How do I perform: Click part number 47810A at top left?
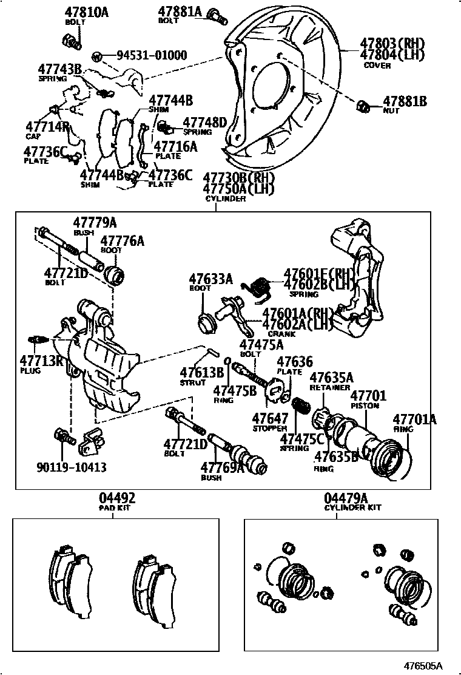point(87,12)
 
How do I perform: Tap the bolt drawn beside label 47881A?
point(217,16)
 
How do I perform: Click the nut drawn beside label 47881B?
point(362,106)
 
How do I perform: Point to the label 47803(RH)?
point(392,44)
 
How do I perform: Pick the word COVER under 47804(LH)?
point(377,66)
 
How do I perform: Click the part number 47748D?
point(204,122)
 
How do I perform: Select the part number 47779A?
point(95,223)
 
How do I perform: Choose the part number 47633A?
point(210,279)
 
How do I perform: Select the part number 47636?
point(295,362)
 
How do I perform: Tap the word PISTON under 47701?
point(365,405)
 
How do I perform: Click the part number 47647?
point(270,419)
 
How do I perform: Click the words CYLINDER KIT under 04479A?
point(352,507)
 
